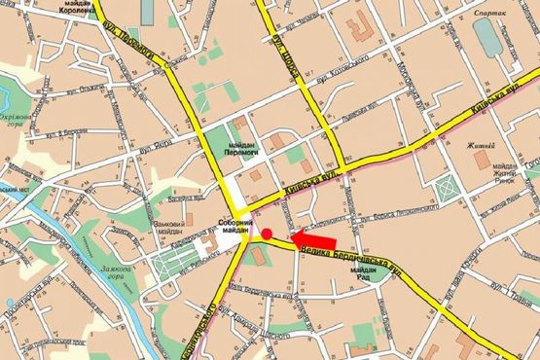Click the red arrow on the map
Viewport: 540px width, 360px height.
tap(314, 238)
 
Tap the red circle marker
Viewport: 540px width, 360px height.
tap(267, 234)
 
